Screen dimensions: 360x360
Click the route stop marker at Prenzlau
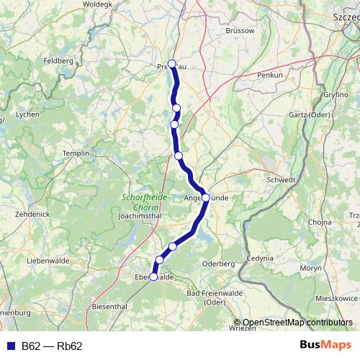tap(172, 63)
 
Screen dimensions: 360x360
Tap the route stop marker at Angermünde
tap(205, 197)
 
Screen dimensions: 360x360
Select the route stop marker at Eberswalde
tap(153, 276)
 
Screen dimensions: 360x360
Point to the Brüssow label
tap(240, 31)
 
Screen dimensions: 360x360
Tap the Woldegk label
tap(99, 4)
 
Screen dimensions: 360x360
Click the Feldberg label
tap(58, 61)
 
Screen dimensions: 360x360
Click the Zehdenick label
tap(32, 215)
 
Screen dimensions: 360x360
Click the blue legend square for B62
tap(9, 346)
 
